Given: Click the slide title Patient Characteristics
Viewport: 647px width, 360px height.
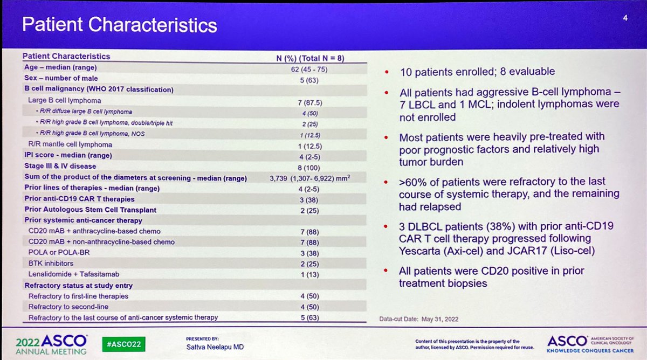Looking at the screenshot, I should pyautogui.click(x=119, y=25).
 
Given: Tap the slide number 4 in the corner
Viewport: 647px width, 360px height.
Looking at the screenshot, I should pyautogui.click(x=624, y=18).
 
